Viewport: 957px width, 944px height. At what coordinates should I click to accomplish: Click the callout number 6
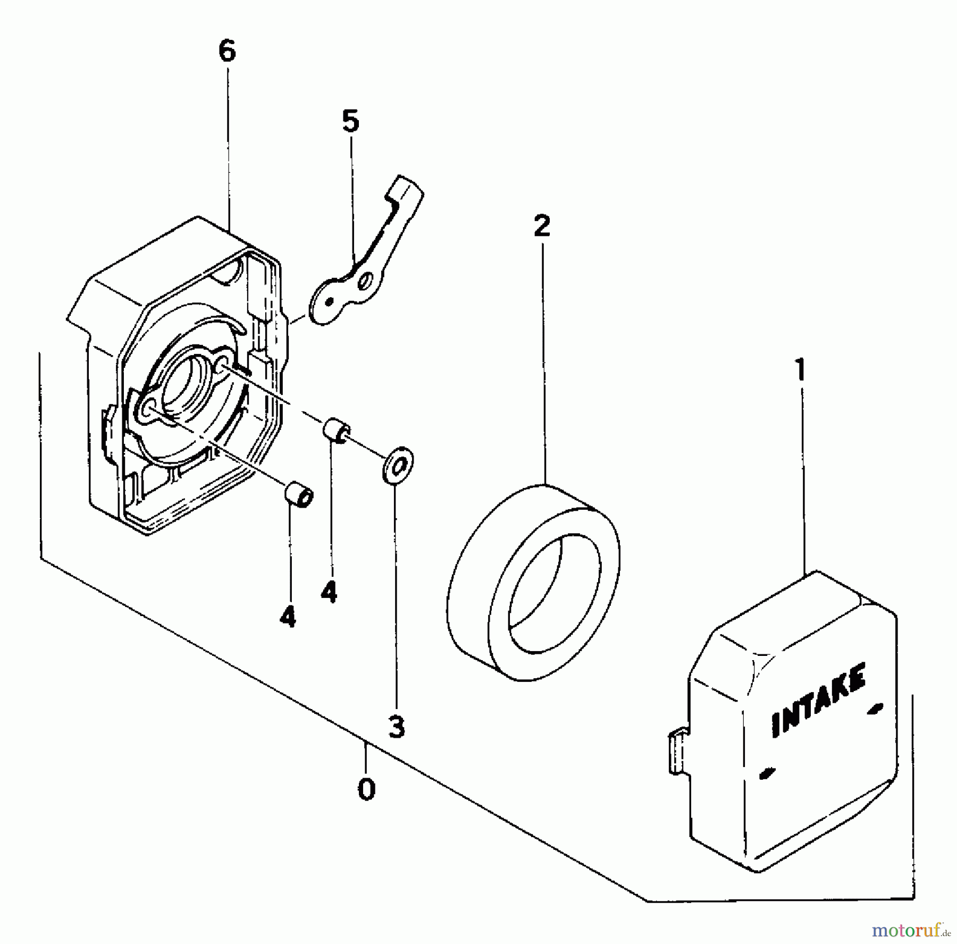pos(227,52)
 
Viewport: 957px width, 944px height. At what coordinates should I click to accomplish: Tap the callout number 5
pos(350,122)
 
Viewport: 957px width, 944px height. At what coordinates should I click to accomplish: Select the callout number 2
pos(542,227)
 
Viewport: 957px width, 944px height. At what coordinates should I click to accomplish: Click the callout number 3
pos(397,727)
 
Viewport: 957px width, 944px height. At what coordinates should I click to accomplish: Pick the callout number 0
pos(366,789)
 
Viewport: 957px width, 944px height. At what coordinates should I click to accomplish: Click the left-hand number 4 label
pos(288,617)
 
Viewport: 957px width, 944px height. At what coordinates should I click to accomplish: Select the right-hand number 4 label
pos(329,592)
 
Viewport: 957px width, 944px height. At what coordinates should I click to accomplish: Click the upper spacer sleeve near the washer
pos(336,429)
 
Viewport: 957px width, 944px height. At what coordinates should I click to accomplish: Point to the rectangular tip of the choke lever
pos(408,190)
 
